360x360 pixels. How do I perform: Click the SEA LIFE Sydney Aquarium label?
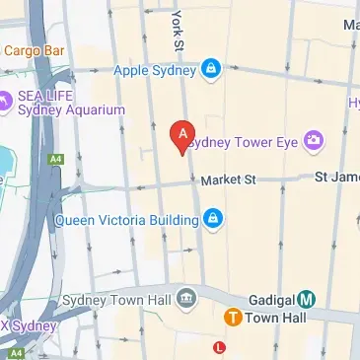[70, 104]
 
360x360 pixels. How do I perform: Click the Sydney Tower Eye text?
[243, 142]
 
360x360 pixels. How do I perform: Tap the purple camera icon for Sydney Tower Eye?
[314, 142]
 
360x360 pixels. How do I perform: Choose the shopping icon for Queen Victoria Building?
[210, 219]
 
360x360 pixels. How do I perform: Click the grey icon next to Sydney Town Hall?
[184, 299]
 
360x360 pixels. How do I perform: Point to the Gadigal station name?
[266, 299]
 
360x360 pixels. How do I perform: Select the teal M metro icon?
[307, 299]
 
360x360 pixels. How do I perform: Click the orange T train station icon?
[233, 318]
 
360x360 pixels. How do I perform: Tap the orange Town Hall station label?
[275, 318]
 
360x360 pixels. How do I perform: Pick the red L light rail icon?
[219, 346]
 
